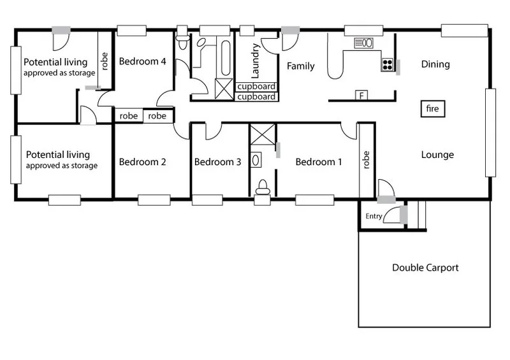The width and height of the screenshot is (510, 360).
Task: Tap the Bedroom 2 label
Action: click(x=143, y=162)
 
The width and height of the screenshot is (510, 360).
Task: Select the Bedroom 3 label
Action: click(x=217, y=162)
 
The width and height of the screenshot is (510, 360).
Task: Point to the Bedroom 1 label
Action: click(x=319, y=162)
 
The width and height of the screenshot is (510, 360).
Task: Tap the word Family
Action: click(x=300, y=66)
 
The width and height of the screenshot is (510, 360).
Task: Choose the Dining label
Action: click(x=435, y=64)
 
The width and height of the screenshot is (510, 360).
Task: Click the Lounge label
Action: click(x=437, y=154)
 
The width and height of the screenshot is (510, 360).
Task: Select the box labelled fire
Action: click(x=432, y=109)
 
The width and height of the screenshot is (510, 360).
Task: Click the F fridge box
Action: click(x=361, y=96)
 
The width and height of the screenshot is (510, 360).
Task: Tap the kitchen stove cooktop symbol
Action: click(x=387, y=64)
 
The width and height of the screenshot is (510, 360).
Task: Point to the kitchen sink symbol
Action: click(x=365, y=43)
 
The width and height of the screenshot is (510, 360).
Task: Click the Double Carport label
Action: click(x=425, y=268)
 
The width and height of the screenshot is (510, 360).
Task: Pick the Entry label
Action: click(x=374, y=217)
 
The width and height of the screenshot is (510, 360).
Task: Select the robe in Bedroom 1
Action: click(x=367, y=160)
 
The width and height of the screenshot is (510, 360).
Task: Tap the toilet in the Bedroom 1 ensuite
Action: click(x=261, y=187)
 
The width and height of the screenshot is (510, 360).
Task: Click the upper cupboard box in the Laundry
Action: click(x=256, y=87)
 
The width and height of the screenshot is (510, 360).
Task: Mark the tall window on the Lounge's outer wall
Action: click(x=490, y=133)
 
